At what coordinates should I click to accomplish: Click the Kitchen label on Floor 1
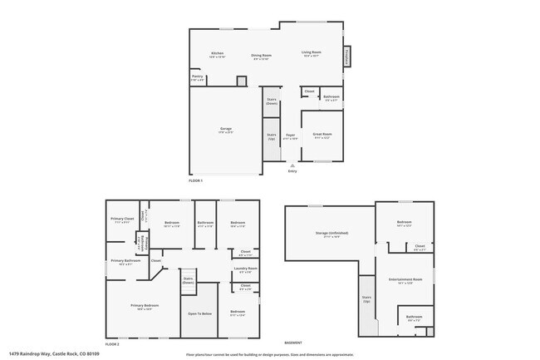217,55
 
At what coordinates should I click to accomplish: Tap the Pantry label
197,77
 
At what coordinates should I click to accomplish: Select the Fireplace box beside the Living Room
346,56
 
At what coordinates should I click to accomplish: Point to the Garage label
225,130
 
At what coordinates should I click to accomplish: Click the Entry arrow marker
292,165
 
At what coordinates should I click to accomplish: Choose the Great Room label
322,135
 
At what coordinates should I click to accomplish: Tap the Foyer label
291,136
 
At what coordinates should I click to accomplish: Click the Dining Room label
261,57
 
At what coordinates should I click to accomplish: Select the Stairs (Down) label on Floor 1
271,101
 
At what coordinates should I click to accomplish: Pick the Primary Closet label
122,220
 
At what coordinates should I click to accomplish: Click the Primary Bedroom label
143,307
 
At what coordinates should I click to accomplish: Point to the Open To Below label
199,313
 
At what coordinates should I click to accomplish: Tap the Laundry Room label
245,269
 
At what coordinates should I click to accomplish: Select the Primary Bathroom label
121,264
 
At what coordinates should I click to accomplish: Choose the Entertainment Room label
405,281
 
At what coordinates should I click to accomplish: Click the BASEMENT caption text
293,343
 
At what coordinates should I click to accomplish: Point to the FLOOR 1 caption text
195,180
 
